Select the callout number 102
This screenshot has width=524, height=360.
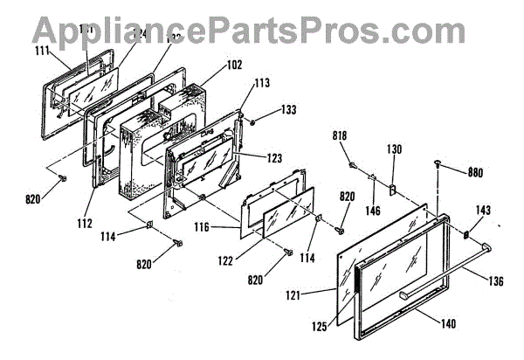pos(208,64)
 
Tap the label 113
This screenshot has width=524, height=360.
pos(260,85)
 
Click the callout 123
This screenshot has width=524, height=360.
pos(274,158)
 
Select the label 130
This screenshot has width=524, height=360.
pos(394,149)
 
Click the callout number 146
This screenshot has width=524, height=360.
pos(371,211)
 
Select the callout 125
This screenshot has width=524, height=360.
pos(319,326)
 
